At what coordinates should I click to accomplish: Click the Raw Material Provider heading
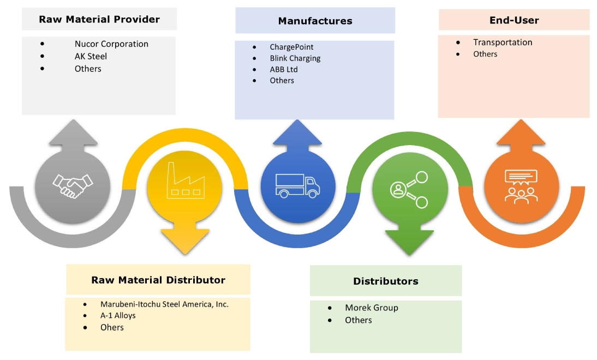point(99,20)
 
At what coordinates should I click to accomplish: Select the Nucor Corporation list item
point(111,44)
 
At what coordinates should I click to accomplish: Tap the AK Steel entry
point(91,56)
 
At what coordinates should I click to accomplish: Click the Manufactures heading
point(315,21)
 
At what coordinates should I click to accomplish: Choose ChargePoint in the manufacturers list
point(291,47)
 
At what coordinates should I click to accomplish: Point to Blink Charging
point(295,58)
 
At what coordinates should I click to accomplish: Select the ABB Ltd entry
point(284,69)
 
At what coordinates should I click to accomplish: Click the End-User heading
point(514,20)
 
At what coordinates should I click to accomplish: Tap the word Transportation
point(503,43)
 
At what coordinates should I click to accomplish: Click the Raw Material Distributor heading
point(158,280)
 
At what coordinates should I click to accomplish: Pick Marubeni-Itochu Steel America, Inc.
point(164,304)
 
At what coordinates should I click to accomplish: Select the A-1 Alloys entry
point(118,315)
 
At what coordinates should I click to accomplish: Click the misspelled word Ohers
point(112,327)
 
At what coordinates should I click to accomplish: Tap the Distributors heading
point(385,281)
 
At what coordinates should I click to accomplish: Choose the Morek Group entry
point(371,308)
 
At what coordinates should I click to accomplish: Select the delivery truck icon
point(298,185)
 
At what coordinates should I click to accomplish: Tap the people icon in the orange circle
point(521,186)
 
